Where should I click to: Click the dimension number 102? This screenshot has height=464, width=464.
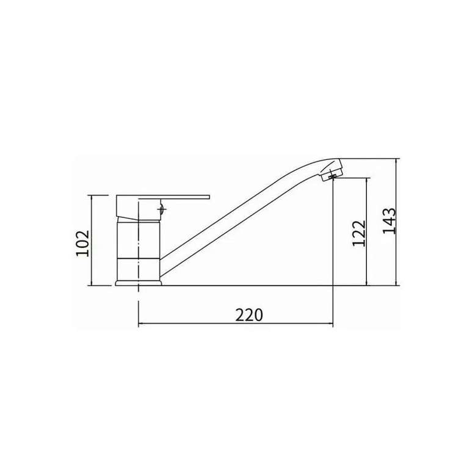point(83,243)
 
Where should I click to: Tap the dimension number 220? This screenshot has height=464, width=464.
point(249,315)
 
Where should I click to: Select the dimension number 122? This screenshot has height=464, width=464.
point(359,233)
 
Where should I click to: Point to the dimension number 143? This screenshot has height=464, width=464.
point(389,221)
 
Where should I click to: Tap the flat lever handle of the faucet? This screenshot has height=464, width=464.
point(163,198)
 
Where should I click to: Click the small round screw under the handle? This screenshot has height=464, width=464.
point(162,209)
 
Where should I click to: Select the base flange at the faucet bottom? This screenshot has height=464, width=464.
point(139,283)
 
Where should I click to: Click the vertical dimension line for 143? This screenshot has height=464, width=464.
point(396,222)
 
